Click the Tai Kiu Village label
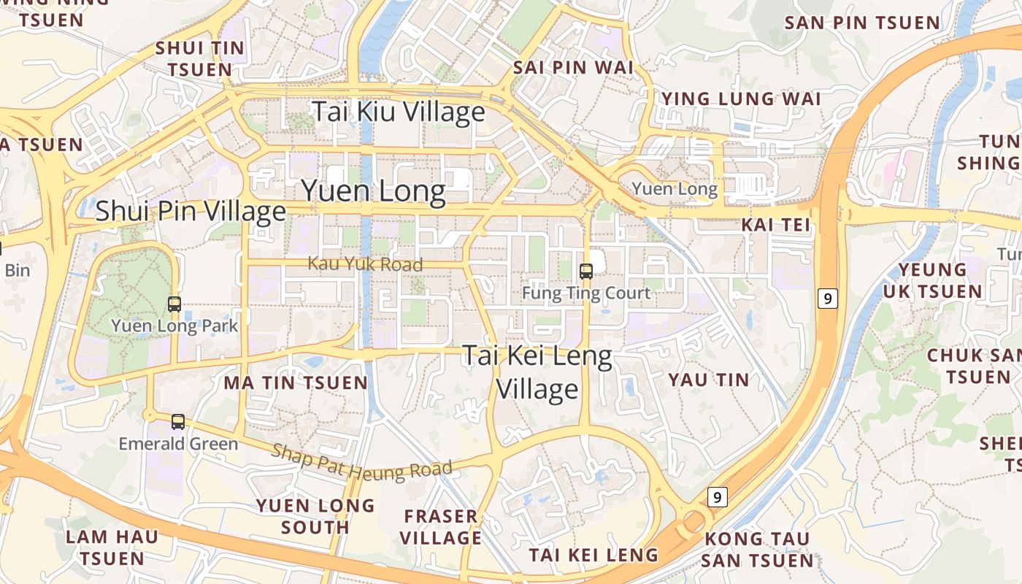pyautogui.click(x=398, y=112)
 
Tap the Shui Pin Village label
pyautogui.click(x=191, y=211)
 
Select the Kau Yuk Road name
pyautogui.click(x=365, y=264)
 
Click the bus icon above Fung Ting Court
pyautogui.click(x=585, y=272)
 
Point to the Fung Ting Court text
pyautogui.click(x=585, y=293)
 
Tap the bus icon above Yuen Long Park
pyautogui.click(x=174, y=304)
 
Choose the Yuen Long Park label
pyautogui.click(x=174, y=326)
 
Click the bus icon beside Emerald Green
pyautogui.click(x=178, y=421)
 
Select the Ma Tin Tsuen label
pyautogui.click(x=296, y=383)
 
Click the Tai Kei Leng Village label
pyautogui.click(x=538, y=372)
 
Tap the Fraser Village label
pyautogui.click(x=442, y=527)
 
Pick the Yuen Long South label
pyautogui.click(x=315, y=516)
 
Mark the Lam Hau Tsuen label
pyautogui.click(x=112, y=547)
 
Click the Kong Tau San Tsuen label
pyautogui.click(x=758, y=550)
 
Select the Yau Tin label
pyautogui.click(x=709, y=380)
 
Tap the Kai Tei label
pyautogui.click(x=776, y=225)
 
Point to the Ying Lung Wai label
pyautogui.click(x=740, y=99)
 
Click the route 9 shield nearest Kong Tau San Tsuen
pyautogui.click(x=718, y=498)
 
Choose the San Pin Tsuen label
pyautogui.click(x=862, y=23)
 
